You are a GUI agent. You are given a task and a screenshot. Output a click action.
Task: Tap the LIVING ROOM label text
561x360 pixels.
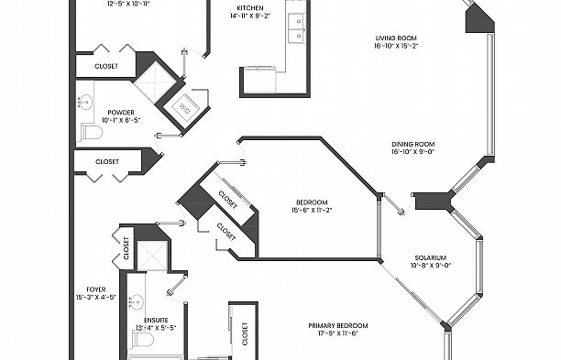(395, 38)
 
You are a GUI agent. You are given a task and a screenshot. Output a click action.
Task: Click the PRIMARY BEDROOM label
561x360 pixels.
(339, 326)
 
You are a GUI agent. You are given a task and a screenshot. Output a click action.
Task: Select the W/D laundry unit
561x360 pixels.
(183, 108)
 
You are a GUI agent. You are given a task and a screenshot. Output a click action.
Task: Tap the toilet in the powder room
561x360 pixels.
(89, 134)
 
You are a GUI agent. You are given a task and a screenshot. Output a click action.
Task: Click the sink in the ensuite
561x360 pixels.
(135, 300)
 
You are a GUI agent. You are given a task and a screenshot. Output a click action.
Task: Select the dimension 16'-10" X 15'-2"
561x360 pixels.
(395, 48)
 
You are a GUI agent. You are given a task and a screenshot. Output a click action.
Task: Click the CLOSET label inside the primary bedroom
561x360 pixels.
(245, 338)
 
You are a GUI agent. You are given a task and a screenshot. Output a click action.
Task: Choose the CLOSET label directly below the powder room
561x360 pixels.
(107, 161)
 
